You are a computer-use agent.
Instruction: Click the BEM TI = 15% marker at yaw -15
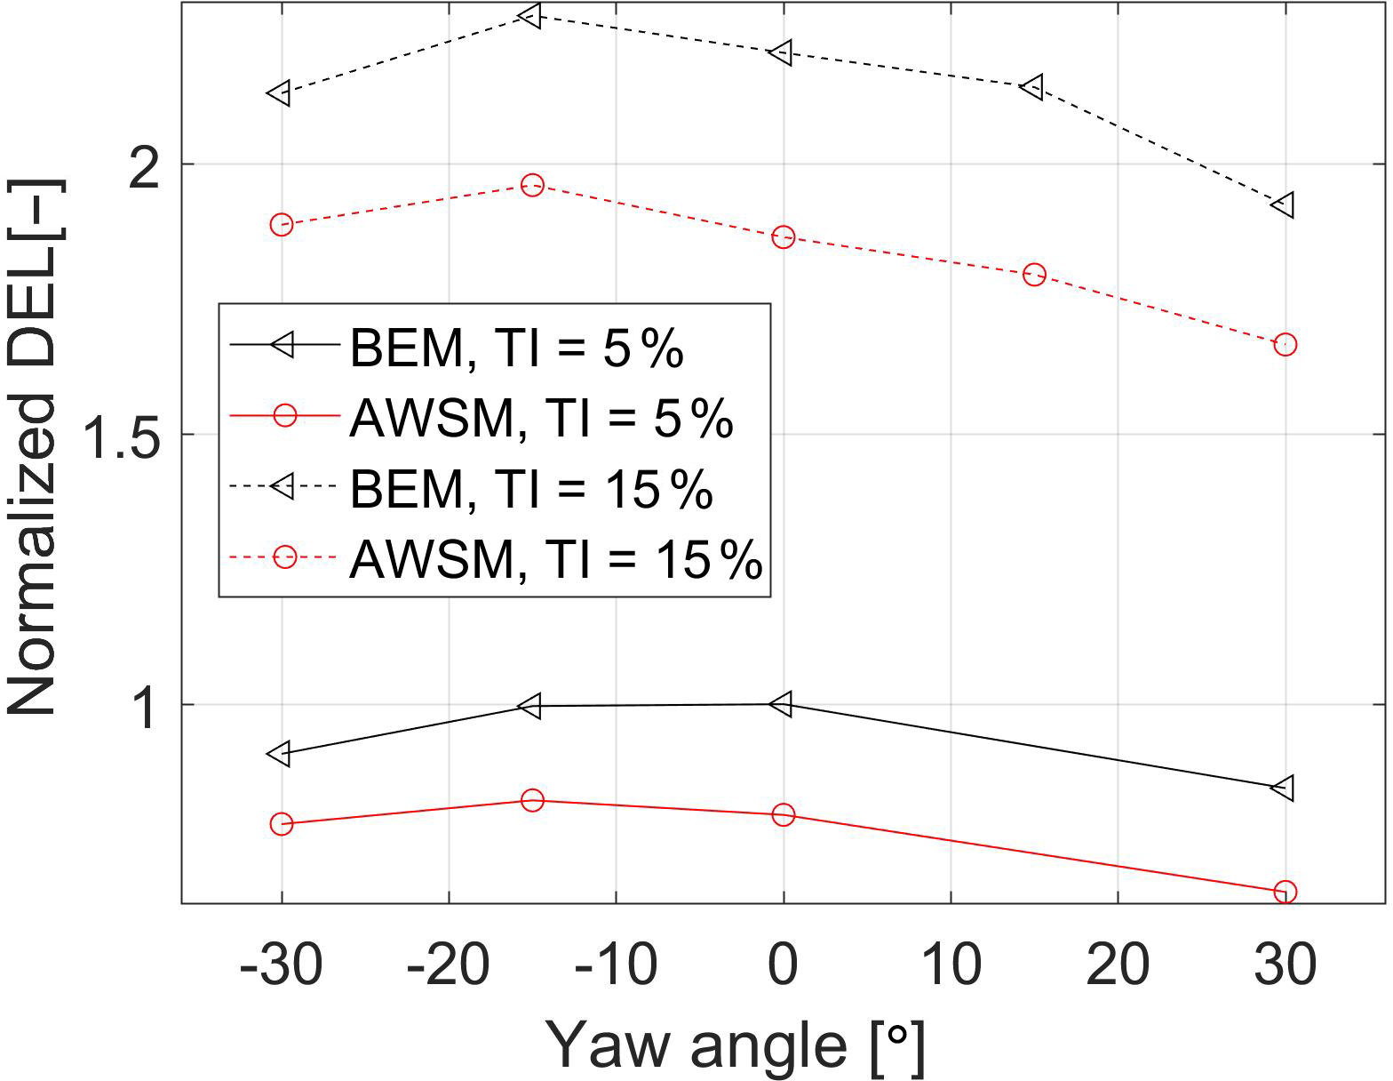coord(530,15)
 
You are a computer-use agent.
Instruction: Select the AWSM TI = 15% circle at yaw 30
coord(1285,344)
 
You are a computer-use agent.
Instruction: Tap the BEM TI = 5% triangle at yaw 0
coord(782,704)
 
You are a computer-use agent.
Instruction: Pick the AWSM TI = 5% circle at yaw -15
coord(532,800)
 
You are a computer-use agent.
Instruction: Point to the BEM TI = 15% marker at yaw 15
coord(1032,86)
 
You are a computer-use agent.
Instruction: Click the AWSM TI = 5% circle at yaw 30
coord(1285,892)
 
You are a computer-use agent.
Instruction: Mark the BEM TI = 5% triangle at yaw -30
coord(280,753)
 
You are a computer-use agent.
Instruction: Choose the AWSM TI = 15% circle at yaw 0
coord(783,236)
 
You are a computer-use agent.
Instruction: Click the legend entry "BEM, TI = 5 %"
coord(516,347)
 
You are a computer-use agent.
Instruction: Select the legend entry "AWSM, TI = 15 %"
coord(555,558)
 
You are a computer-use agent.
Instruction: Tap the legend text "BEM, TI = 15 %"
coord(530,488)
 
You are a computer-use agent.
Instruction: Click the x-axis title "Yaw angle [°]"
coord(736,1046)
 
